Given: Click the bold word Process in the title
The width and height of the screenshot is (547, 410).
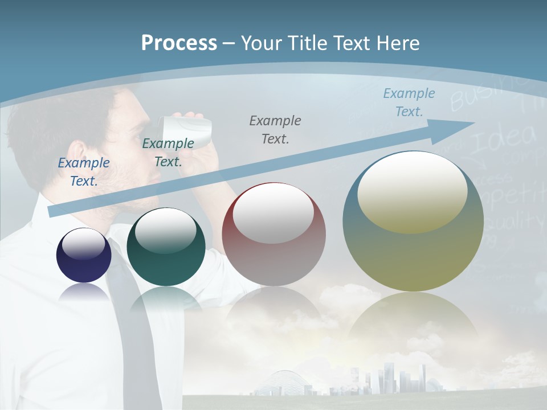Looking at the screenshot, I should (179, 43).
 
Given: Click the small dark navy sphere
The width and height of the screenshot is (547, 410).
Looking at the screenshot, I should (84, 255).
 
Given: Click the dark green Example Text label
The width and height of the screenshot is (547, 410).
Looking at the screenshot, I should (168, 153).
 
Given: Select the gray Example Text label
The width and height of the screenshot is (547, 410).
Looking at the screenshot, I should (275, 129).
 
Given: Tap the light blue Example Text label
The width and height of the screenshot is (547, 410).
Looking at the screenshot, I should (409, 102).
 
